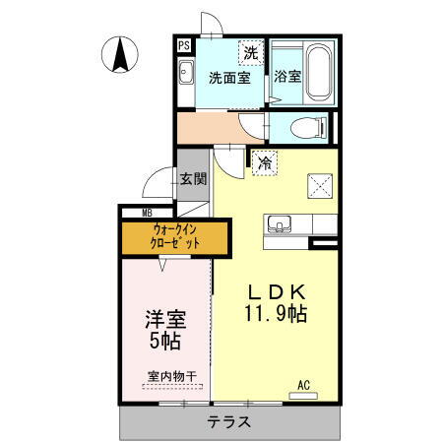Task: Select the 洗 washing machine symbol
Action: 251,52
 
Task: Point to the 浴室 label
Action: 287,77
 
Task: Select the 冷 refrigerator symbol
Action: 263,164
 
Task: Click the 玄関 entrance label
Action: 193,179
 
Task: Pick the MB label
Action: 147,213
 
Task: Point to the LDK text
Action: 277,292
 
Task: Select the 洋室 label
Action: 164,321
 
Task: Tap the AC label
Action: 304,385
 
